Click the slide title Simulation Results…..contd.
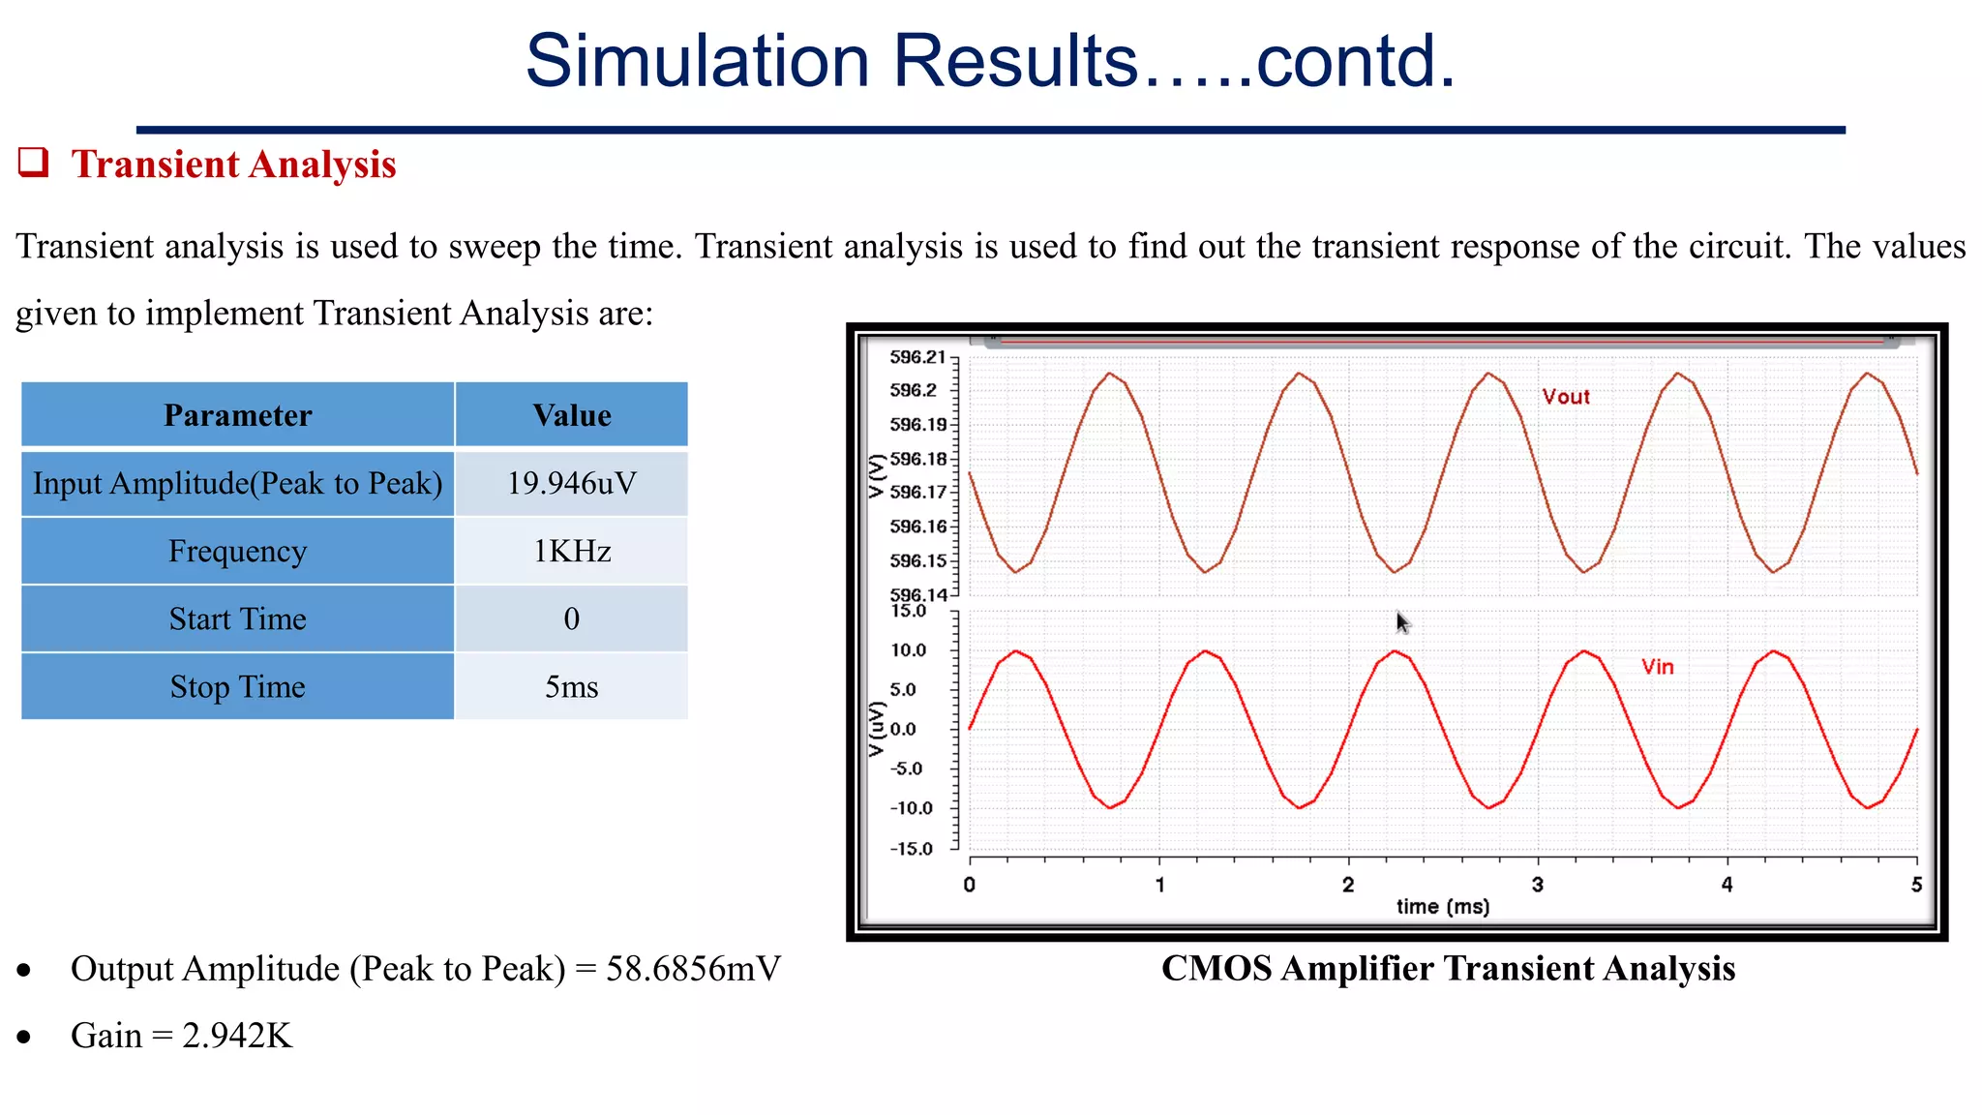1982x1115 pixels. click(990, 61)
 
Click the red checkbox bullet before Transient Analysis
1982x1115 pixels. click(34, 163)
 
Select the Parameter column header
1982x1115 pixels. click(237, 415)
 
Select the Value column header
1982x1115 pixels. click(571, 415)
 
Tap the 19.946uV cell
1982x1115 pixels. click(571, 483)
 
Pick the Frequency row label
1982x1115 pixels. click(237, 551)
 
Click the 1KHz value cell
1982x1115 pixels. click(571, 551)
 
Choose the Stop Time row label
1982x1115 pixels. click(237, 686)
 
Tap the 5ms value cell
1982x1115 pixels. click(571, 686)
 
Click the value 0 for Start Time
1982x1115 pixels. click(571, 618)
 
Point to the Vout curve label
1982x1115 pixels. click(1565, 397)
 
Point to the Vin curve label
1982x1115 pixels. click(1657, 667)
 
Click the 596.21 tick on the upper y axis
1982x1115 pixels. click(916, 357)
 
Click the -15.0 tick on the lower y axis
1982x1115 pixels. click(911, 849)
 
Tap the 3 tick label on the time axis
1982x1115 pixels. click(1537, 884)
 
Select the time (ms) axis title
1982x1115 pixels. click(1442, 907)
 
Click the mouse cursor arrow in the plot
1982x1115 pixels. click(1402, 622)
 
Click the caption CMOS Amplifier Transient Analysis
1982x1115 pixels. click(1447, 968)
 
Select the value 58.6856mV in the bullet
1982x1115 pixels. click(693, 969)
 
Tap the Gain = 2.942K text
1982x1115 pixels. click(181, 1036)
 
